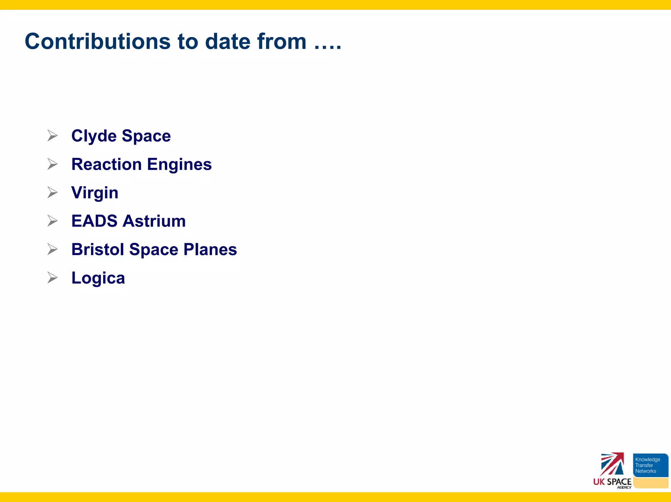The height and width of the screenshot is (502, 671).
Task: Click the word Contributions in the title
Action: click(x=98, y=42)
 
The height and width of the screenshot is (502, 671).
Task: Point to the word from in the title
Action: click(x=282, y=42)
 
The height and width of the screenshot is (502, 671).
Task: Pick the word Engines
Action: click(x=179, y=165)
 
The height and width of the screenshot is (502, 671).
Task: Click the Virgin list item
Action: click(x=95, y=193)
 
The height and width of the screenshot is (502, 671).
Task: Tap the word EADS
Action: click(x=94, y=221)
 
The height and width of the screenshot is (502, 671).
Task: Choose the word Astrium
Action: click(x=154, y=221)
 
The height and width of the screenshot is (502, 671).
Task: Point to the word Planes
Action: click(x=210, y=250)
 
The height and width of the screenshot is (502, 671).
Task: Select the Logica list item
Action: click(x=98, y=278)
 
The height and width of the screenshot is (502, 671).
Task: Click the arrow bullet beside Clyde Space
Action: click(x=52, y=135)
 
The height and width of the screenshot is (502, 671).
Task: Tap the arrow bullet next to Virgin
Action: click(x=52, y=192)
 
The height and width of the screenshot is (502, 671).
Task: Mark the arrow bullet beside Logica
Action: click(x=52, y=277)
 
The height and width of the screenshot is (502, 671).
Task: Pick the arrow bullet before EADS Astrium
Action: click(x=52, y=221)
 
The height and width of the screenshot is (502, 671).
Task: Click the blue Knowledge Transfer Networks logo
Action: click(x=650, y=465)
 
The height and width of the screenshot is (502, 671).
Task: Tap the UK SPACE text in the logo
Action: click(x=612, y=482)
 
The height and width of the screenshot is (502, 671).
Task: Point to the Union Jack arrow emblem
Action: click(x=612, y=464)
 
